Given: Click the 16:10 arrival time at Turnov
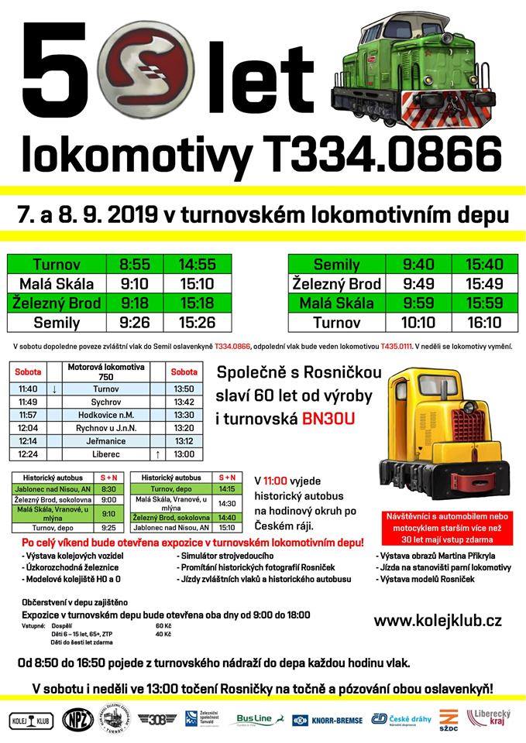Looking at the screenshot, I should (484, 322).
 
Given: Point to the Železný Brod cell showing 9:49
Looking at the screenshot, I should (419, 283).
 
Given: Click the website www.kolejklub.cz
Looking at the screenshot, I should (438, 620).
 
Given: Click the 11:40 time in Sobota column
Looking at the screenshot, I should (29, 389).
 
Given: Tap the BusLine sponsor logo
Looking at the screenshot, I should (255, 720).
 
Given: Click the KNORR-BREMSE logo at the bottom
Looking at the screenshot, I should (328, 721).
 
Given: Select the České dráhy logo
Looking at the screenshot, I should (401, 720).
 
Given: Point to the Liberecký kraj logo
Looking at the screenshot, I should (490, 719).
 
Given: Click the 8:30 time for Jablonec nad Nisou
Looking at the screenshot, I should (108, 489).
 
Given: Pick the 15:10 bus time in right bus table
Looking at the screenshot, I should (227, 528).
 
